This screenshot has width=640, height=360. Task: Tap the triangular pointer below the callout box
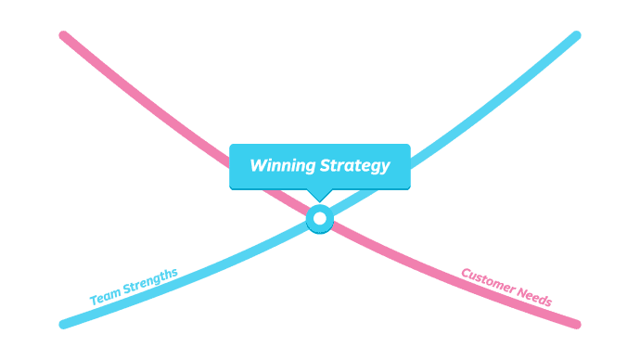(x=319, y=195)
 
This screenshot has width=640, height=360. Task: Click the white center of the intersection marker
(x=320, y=219)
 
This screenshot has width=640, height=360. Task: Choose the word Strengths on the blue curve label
(x=148, y=280)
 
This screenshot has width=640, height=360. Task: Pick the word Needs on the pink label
(x=534, y=297)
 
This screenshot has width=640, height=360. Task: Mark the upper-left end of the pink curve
(x=63, y=35)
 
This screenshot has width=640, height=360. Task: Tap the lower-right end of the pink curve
(x=576, y=324)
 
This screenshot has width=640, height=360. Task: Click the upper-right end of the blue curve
(x=576, y=35)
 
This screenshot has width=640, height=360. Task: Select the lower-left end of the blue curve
(x=63, y=324)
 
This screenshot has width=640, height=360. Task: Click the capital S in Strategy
(x=326, y=166)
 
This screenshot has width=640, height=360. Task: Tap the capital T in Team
(x=93, y=301)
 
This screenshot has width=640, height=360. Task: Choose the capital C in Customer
(x=466, y=273)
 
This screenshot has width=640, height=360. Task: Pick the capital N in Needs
(x=521, y=293)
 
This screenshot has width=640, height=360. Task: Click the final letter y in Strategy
(x=384, y=168)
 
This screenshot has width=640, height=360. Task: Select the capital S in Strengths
(x=126, y=289)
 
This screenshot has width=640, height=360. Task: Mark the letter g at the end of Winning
(x=311, y=169)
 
